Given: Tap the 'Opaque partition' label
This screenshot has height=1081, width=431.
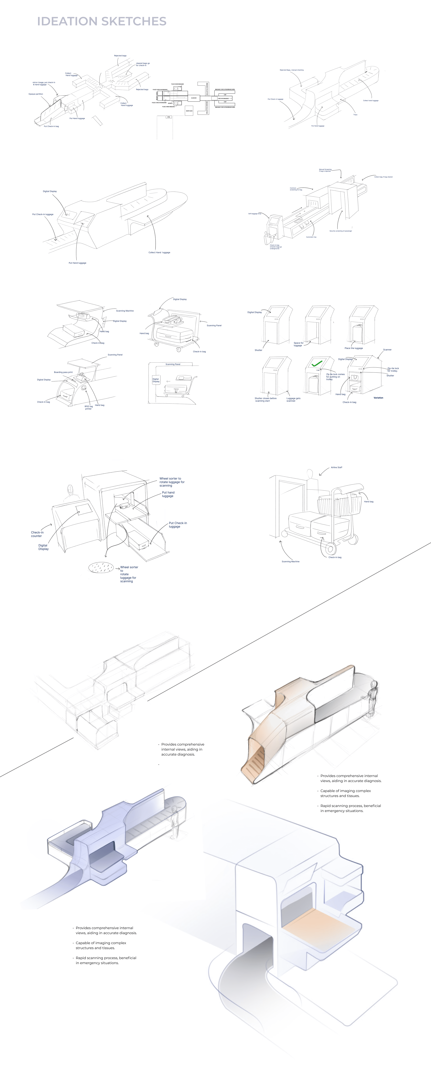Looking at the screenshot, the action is [36, 94].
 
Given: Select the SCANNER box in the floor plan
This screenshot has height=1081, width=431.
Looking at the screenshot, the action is [194, 98].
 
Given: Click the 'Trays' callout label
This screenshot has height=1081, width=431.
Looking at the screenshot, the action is [355, 115].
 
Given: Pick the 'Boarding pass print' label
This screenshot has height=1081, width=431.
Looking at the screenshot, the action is [63, 372].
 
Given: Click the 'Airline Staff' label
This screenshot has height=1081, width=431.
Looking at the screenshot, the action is [336, 467].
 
